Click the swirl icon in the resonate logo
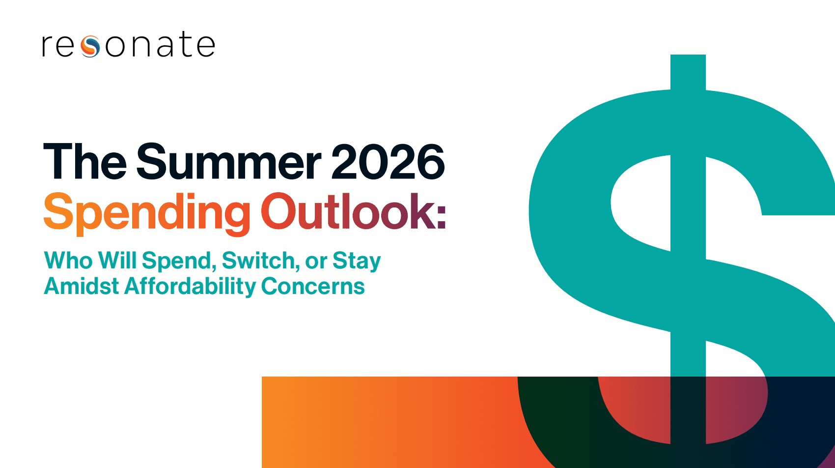pyautogui.click(x=90, y=46)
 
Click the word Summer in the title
pyautogui.click(x=228, y=162)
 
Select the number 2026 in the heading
pyautogui.click(x=388, y=162)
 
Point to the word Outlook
pyautogui.click(x=347, y=211)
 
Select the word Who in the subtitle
pyautogui.click(x=68, y=260)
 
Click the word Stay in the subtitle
pyautogui.click(x=357, y=261)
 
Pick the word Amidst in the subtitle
pyautogui.click(x=82, y=286)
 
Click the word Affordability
pyautogui.click(x=190, y=287)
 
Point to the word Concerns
pyautogui.click(x=313, y=286)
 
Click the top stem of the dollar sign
pyautogui.click(x=688, y=72)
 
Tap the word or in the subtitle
pyautogui.click(x=316, y=263)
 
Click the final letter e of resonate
pyautogui.click(x=206, y=46)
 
